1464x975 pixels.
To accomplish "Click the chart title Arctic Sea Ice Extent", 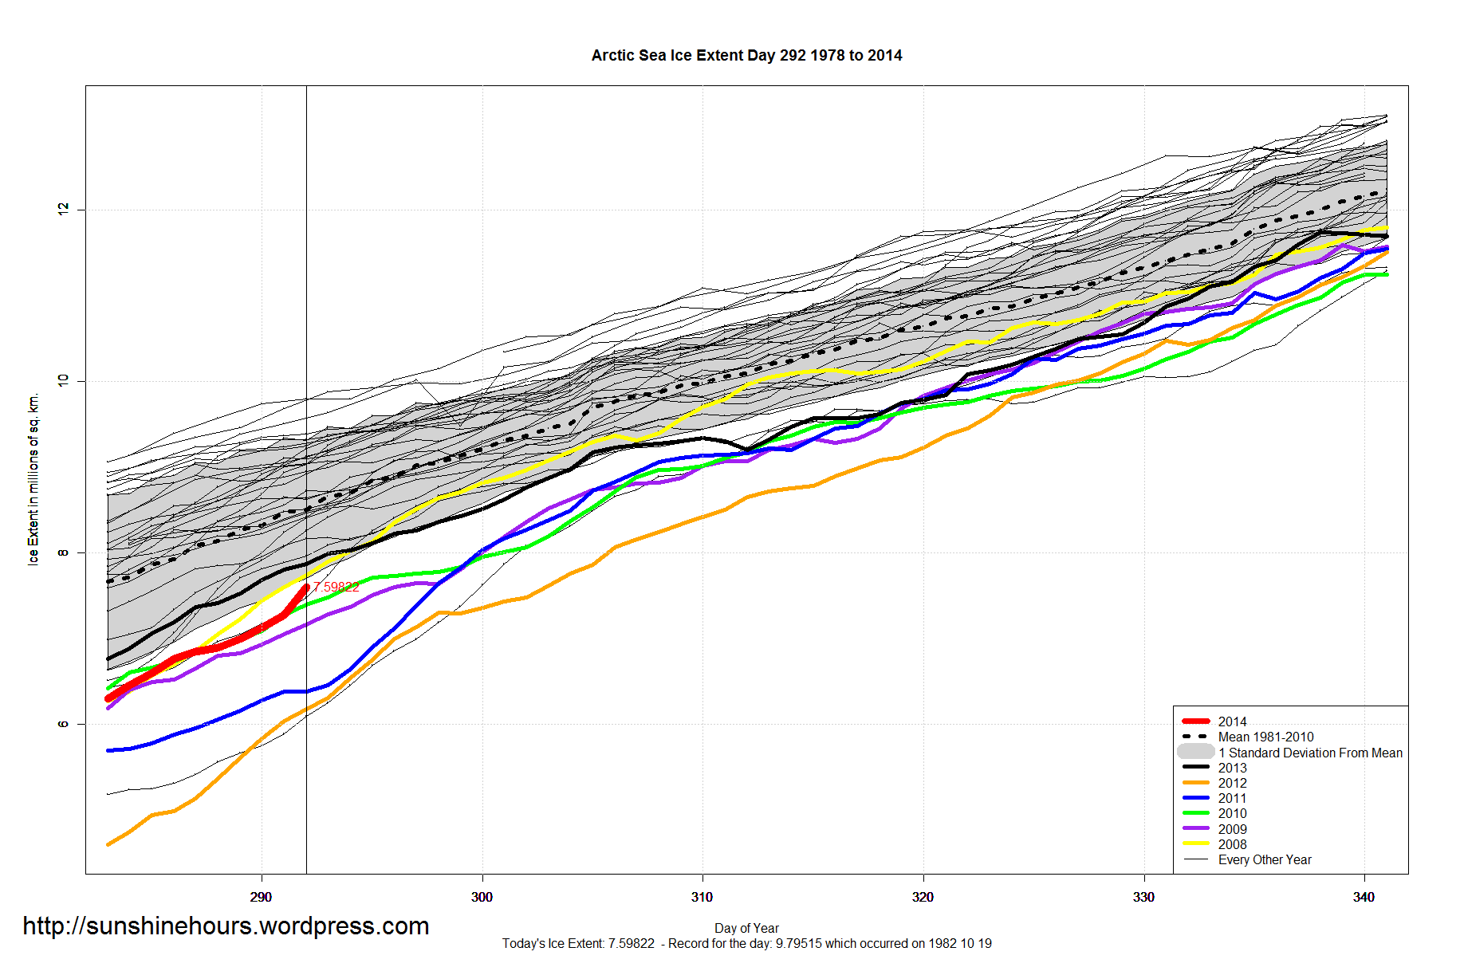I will [x=746, y=56].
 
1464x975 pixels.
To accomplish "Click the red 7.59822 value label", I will [x=336, y=587].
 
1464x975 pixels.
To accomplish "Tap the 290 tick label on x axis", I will [x=261, y=897].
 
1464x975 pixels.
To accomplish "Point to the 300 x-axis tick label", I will [x=482, y=897].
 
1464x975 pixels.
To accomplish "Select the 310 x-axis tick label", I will [x=702, y=897].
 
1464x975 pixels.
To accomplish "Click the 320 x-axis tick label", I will [x=923, y=897].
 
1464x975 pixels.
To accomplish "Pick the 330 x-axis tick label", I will [x=1143, y=897].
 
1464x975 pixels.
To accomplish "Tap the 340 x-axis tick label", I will [x=1364, y=897].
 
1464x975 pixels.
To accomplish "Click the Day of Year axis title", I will [x=746, y=928].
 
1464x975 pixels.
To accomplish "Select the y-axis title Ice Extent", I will [x=33, y=479].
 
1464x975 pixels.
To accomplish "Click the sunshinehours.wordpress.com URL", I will [x=226, y=926].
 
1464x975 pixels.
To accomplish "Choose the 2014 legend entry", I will [x=1232, y=721].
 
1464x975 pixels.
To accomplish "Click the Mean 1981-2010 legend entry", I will [x=1265, y=737].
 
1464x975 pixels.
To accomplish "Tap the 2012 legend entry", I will [x=1232, y=783].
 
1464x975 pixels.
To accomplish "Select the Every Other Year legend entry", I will [x=1265, y=859].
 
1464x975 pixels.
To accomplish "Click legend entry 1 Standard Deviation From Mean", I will [x=1310, y=753].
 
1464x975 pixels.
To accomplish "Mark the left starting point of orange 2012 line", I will [x=108, y=844].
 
